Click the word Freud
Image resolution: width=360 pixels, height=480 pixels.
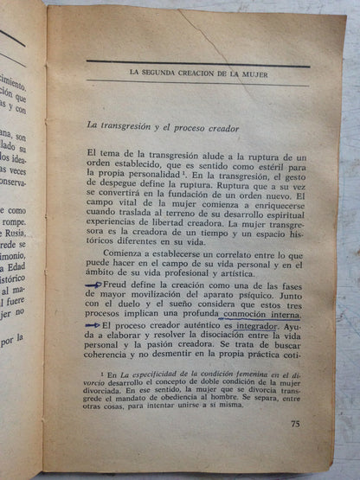coord(117,284)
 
